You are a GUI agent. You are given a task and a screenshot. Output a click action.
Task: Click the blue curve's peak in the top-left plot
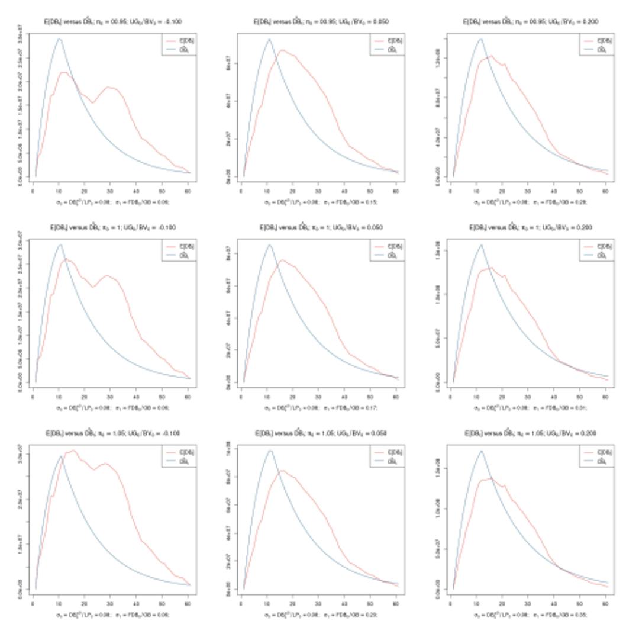click(59, 39)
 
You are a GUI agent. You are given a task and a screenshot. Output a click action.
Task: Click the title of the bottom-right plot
click(530, 433)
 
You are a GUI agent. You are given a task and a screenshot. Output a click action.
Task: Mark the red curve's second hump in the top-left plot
click(109, 87)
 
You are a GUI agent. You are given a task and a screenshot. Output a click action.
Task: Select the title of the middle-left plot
click(112, 227)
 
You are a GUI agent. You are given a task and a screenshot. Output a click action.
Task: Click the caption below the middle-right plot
click(530, 408)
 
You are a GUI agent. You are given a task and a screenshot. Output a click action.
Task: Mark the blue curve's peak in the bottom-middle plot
click(270, 451)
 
